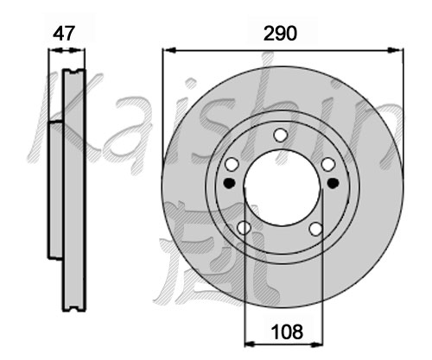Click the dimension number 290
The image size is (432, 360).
click(x=280, y=34)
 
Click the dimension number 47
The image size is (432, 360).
click(x=64, y=34)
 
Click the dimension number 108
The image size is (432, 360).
click(x=287, y=332)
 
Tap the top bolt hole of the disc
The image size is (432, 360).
click(x=280, y=135)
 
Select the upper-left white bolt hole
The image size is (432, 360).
click(x=232, y=165)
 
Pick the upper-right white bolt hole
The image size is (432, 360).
click(x=328, y=165)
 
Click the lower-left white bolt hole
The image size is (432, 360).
click(x=244, y=228)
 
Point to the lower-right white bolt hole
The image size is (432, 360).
click(x=316, y=229)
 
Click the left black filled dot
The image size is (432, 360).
click(x=230, y=183)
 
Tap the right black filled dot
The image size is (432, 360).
click(x=334, y=183)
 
